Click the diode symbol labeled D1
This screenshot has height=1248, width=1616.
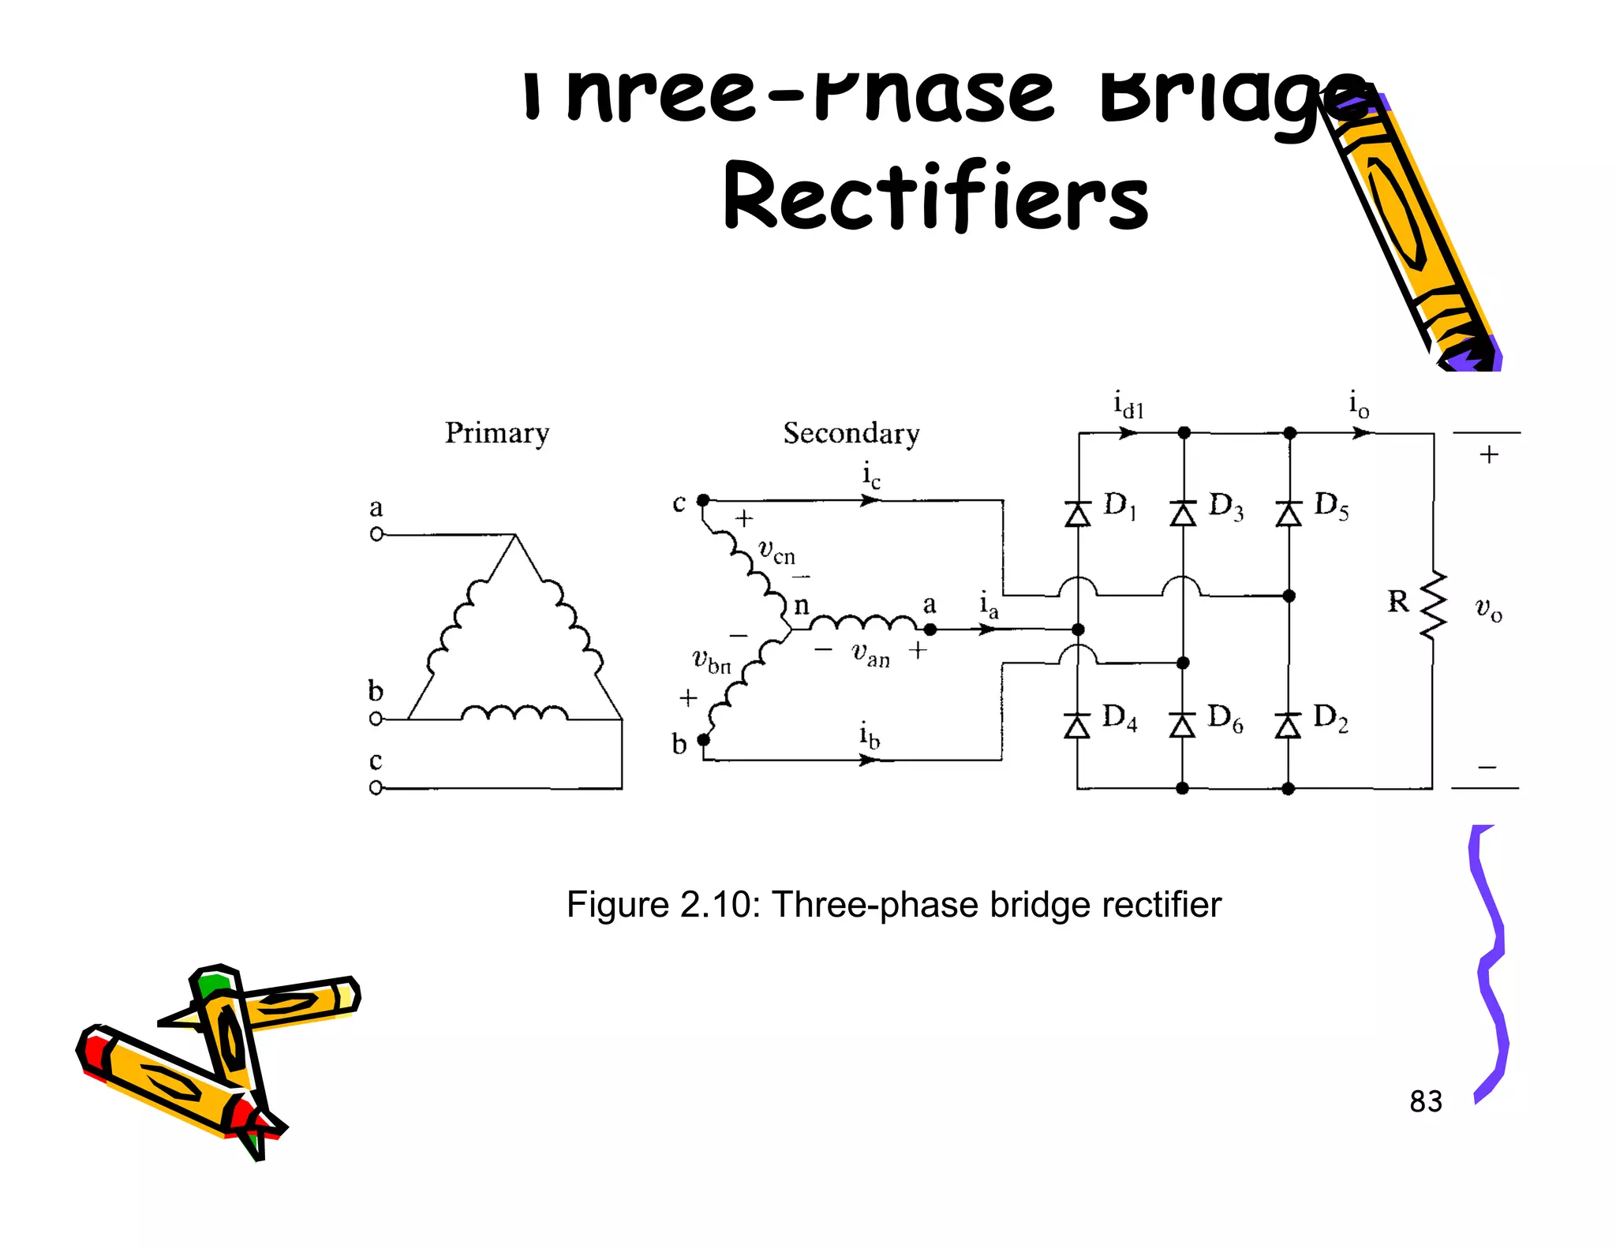[1078, 514]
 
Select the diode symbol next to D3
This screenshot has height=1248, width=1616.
[1183, 514]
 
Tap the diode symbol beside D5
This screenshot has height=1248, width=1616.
[1289, 514]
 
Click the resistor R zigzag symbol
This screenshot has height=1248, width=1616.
[1434, 605]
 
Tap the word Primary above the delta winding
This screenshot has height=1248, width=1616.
[496, 433]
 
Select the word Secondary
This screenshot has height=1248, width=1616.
[851, 433]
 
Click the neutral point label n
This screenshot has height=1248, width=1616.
[801, 606]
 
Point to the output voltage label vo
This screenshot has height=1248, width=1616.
[1488, 608]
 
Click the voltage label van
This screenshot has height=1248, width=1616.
[870, 654]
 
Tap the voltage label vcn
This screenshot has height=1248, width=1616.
[776, 551]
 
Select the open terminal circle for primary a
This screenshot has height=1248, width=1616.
[376, 534]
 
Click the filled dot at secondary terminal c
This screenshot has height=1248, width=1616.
[703, 500]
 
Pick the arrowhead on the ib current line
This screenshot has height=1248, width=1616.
[869, 760]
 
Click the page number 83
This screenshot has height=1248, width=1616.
[1425, 1102]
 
